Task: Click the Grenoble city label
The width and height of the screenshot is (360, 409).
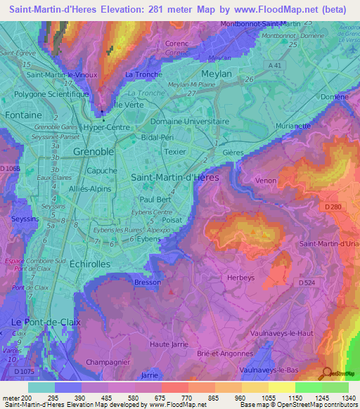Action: [x=94, y=152]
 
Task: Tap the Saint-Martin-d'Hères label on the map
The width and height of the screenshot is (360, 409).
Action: [x=175, y=178]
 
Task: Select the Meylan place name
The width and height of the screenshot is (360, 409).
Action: [x=217, y=73]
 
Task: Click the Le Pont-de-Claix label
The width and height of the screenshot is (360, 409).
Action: [x=46, y=322]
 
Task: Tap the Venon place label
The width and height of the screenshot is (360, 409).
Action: [x=266, y=181]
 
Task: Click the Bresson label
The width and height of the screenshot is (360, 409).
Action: [x=147, y=282]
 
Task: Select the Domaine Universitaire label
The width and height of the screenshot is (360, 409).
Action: [x=190, y=121]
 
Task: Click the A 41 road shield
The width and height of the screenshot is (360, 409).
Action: [x=278, y=64]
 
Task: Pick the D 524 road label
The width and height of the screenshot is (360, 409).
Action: [x=307, y=283]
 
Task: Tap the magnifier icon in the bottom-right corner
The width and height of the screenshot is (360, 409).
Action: [x=326, y=374]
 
